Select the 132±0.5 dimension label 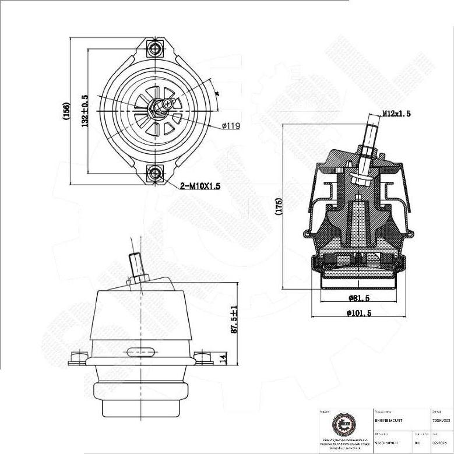pos(85,111)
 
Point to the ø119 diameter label pos(231,125)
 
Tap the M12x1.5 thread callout pos(396,114)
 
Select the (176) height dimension pos(278,207)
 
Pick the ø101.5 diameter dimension pos(358,313)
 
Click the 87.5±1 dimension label pos(234,319)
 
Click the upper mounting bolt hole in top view pos(156,48)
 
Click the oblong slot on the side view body pos(140,351)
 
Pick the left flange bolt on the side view pos(76,357)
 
